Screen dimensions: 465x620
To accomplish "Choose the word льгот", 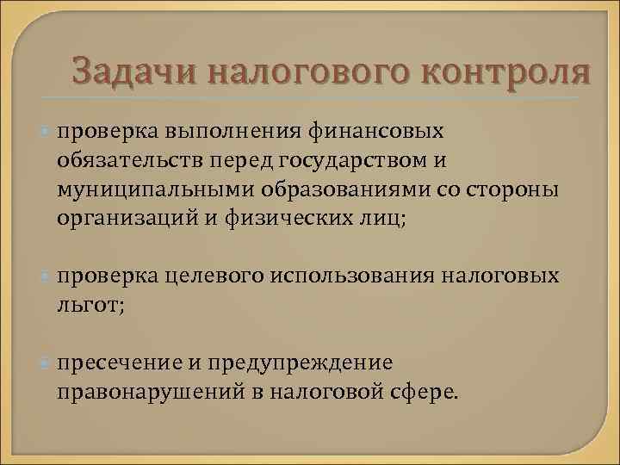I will (x=87, y=305).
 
